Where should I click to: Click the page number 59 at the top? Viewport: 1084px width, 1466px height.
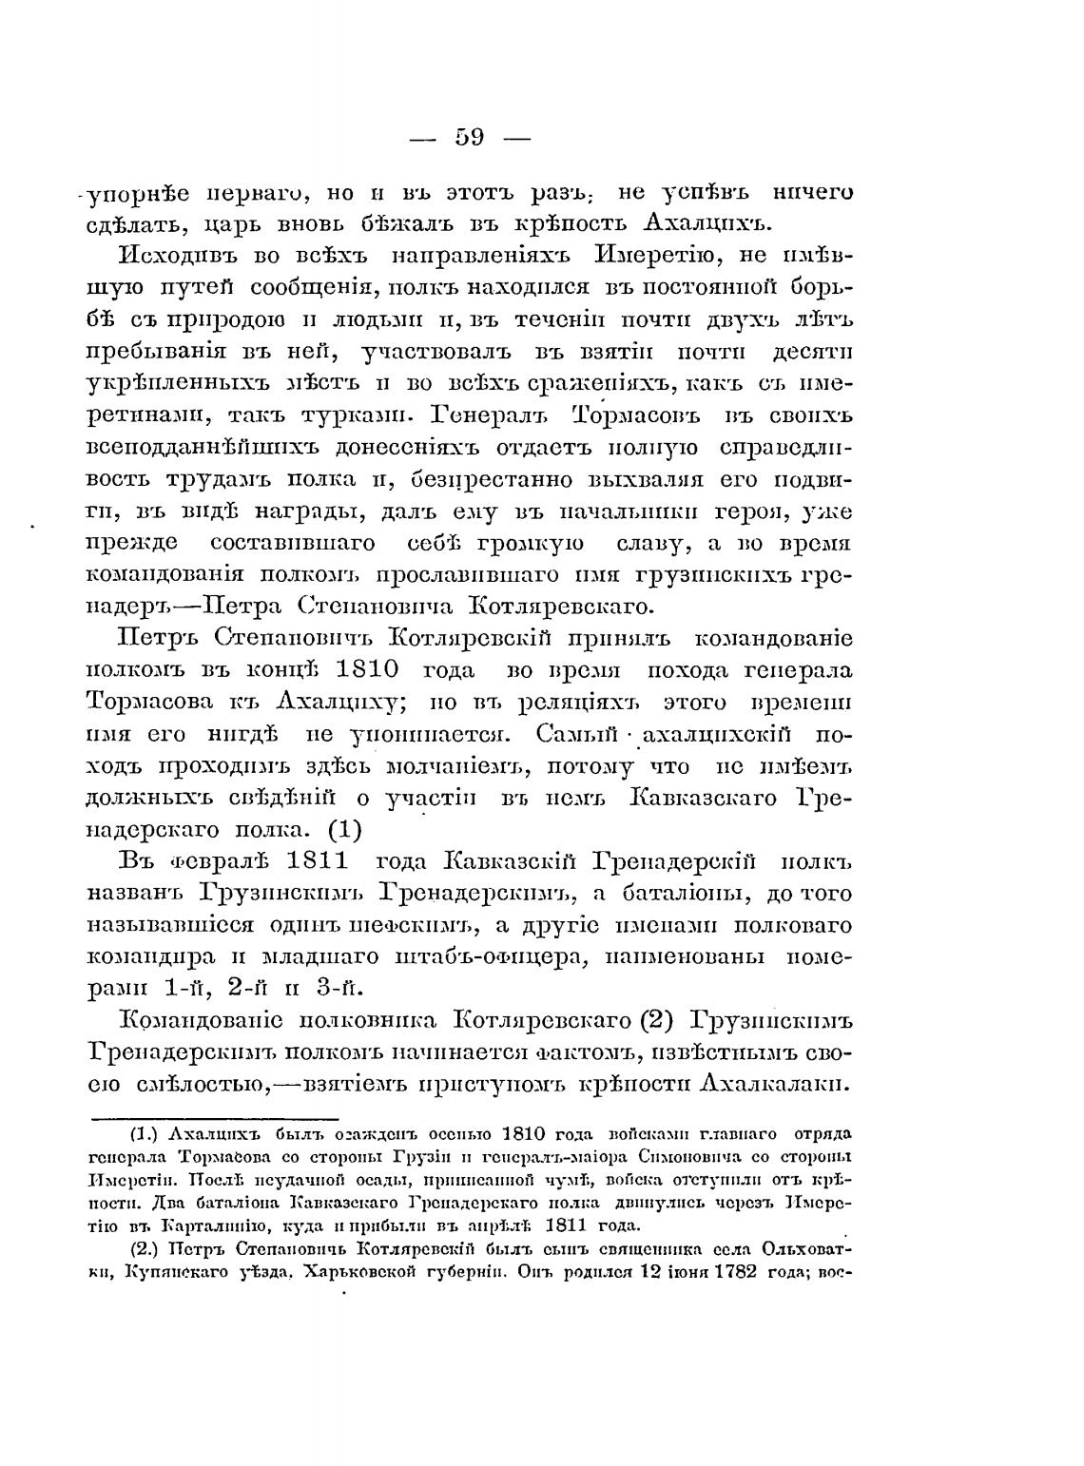point(470,137)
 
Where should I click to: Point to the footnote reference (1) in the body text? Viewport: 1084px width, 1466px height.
point(345,829)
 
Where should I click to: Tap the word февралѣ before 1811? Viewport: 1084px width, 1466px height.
point(211,861)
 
